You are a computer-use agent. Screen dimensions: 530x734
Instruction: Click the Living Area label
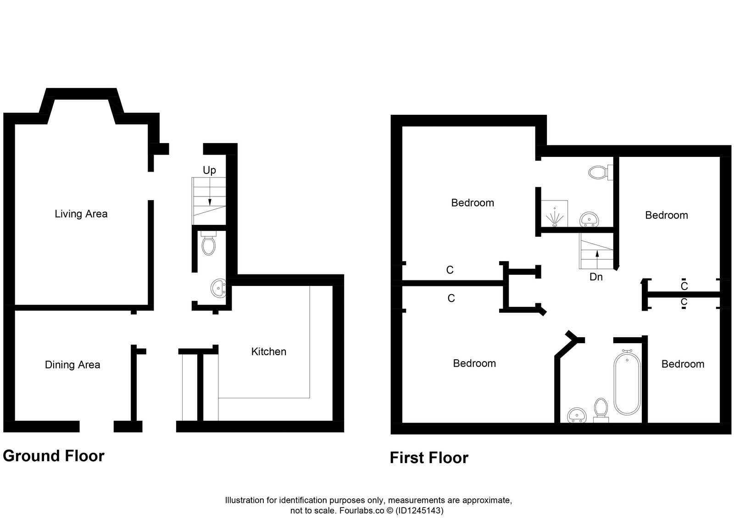81,214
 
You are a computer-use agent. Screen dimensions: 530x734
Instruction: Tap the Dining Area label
72,365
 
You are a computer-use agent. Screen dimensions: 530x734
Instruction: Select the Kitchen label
268,351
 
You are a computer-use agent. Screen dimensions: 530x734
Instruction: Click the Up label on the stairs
209,170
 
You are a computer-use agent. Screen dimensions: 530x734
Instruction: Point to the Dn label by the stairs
596,277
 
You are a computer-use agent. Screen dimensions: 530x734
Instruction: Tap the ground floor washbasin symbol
219,289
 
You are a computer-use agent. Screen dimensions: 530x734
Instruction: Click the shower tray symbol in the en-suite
555,214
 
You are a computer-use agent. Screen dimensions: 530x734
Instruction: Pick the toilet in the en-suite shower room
598,173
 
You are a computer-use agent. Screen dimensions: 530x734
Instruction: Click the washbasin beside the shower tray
589,219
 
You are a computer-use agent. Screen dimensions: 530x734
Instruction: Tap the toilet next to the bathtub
601,409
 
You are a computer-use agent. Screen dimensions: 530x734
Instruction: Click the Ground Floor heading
54,456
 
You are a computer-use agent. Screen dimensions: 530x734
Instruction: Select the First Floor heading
429,458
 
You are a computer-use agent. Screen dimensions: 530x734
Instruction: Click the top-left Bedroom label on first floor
473,203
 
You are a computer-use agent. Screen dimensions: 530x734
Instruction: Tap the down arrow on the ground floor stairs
210,201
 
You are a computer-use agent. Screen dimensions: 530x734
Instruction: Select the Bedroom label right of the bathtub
683,364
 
